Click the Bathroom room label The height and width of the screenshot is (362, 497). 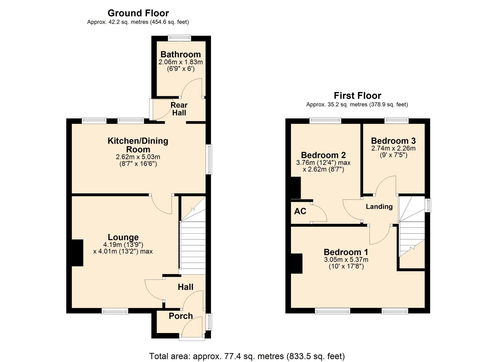point(181,54)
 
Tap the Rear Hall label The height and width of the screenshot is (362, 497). point(179,109)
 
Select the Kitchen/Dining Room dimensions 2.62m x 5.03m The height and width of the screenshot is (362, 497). point(138,157)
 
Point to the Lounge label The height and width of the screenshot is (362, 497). point(123,237)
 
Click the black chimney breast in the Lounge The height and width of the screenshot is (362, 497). point(77,253)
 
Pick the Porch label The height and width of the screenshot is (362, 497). point(181,316)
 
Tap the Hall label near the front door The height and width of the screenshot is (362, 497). point(186,287)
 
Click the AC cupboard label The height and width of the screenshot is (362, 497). point(300,211)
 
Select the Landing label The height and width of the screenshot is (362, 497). point(379,207)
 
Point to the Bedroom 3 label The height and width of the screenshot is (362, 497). point(393,141)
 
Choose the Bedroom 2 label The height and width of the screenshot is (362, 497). point(323,155)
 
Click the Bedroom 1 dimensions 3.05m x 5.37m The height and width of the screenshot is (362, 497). point(346,260)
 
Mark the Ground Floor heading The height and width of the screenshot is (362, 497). point(138,13)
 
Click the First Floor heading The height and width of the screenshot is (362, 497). point(357,96)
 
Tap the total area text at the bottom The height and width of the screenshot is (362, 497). point(247,356)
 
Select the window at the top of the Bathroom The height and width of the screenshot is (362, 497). point(179,38)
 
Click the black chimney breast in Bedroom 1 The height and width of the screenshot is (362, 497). point(297,263)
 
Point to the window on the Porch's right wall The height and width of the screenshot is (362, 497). point(209,322)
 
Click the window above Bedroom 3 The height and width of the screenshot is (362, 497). point(396,121)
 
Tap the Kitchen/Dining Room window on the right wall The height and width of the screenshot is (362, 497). point(209,159)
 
